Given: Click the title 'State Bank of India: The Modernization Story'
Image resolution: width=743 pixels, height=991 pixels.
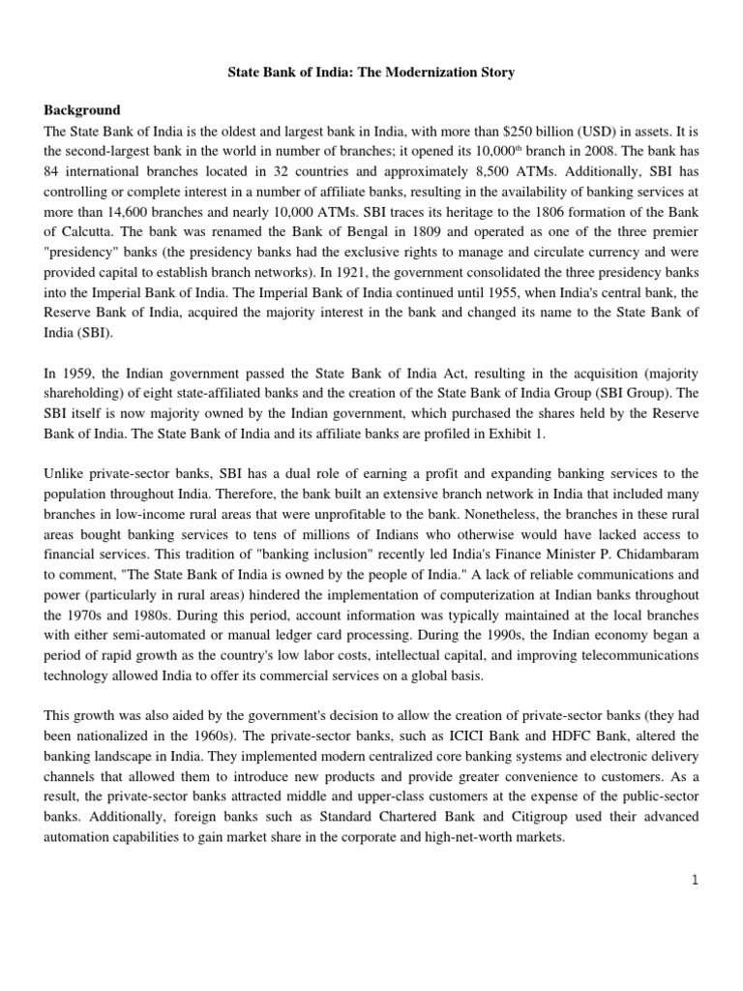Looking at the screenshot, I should point(371,72).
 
